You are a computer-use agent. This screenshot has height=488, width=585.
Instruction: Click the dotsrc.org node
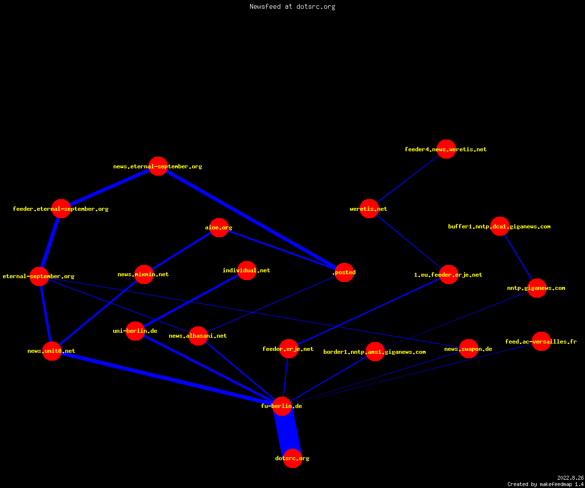coord(292,458)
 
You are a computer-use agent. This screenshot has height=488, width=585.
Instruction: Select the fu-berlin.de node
coord(282,406)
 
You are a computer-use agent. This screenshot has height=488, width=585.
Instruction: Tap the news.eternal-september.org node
coord(158,166)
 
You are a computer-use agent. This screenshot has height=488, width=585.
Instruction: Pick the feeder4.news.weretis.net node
coord(446,149)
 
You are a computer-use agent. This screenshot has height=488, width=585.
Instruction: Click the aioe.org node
coord(219,227)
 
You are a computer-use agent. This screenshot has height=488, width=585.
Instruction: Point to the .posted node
coord(344,272)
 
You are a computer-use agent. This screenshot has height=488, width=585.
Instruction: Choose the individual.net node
coord(247,270)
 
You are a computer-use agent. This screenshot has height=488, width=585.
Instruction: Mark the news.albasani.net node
coord(198,336)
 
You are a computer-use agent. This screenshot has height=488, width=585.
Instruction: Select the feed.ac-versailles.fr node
coord(541,341)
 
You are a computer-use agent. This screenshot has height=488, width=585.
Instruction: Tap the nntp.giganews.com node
coord(537,288)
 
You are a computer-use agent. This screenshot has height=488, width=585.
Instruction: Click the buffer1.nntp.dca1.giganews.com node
coord(500,226)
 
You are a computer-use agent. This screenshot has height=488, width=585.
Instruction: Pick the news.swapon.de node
coord(468,349)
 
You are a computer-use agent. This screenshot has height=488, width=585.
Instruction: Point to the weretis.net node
coord(369,209)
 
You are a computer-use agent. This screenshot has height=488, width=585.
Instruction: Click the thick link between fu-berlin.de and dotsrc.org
coord(287,432)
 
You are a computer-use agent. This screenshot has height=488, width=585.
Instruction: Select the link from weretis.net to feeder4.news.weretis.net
coord(408,179)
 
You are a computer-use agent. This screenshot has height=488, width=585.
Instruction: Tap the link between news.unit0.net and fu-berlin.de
coord(167,379)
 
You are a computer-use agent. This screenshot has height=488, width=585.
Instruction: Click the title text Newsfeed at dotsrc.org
coord(292,6)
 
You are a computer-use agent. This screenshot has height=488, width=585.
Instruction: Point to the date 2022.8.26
coord(570,478)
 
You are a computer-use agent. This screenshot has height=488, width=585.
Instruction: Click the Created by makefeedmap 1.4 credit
coord(546,485)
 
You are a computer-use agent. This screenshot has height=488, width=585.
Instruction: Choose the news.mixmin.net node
coord(144,274)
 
